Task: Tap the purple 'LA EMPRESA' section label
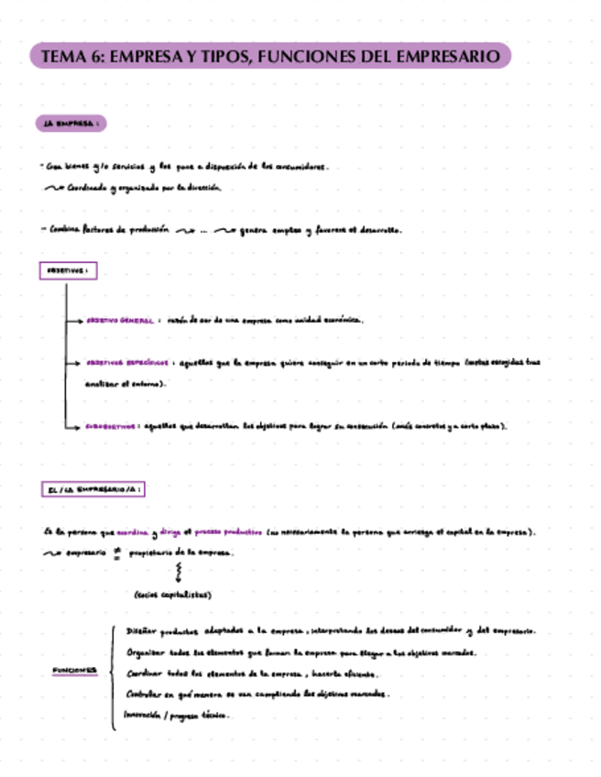(71, 123)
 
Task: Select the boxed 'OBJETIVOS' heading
(68, 271)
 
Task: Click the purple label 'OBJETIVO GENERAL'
(119, 322)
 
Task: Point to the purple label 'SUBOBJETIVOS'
(111, 426)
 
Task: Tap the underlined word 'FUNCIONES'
(74, 671)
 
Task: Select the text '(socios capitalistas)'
(172, 595)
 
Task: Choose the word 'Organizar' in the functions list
(148, 652)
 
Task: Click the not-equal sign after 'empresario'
(116, 553)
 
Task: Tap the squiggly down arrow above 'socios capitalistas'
(178, 573)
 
